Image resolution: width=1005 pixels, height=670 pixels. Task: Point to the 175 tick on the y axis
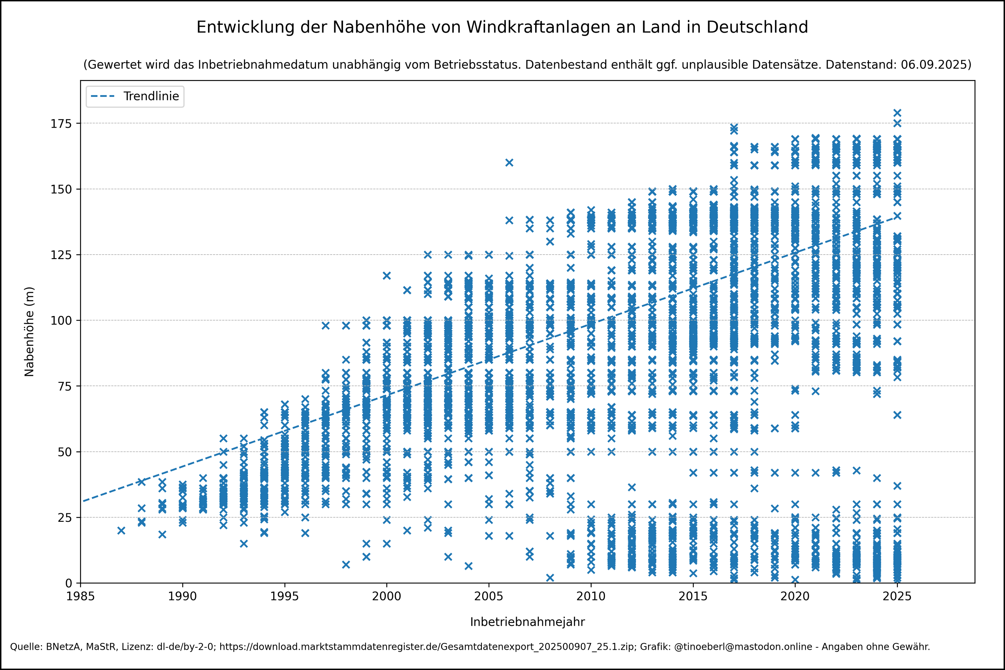coord(61,123)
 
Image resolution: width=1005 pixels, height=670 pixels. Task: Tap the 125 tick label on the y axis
coord(61,255)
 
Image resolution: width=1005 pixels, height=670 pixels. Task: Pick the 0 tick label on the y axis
coord(69,583)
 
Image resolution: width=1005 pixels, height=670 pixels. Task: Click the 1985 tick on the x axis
coord(80,596)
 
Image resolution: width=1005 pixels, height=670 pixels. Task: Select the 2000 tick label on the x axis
coord(387,596)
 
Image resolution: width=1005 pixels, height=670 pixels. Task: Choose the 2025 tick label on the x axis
coord(897,596)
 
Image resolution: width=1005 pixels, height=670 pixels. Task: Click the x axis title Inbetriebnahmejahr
coord(527,622)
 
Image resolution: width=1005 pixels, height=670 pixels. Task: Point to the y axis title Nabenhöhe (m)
coord(29,332)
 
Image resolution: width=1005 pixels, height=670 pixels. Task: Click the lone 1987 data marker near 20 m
coord(121,531)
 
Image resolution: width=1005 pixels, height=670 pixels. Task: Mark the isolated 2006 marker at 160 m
coord(509,163)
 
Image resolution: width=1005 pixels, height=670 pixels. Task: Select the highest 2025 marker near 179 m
coord(897,113)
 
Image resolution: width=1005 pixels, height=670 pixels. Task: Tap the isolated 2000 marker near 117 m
coord(387,276)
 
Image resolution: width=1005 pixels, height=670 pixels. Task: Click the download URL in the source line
coord(427,647)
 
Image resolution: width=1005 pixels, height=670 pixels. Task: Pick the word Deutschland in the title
coord(757,27)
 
